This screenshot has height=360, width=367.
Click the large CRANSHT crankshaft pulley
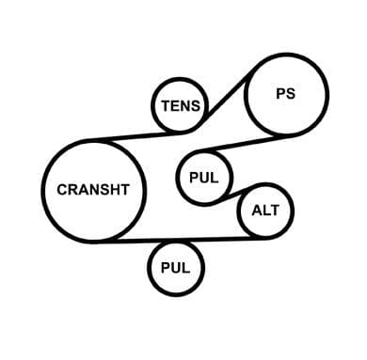[x=42, y=191]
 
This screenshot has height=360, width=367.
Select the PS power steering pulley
[x=245, y=95]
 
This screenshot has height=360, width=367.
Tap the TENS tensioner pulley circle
[x=152, y=105]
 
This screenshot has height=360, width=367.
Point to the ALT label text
[x=265, y=211]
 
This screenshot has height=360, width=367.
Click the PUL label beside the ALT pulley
[x=203, y=178]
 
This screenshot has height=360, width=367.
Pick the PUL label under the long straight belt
[x=175, y=268]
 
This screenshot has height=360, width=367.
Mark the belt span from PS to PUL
[x=239, y=144]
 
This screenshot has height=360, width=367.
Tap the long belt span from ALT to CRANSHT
[x=185, y=240]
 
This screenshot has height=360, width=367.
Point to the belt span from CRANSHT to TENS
[x=138, y=136]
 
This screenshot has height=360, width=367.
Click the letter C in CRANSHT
[x=62, y=190]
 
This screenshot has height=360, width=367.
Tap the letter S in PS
[x=291, y=94]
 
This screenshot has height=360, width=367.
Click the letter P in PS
[x=281, y=94]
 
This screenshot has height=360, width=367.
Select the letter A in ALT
[x=257, y=211]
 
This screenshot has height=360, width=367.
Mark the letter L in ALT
[x=265, y=211]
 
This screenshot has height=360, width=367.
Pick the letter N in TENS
[x=186, y=106]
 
